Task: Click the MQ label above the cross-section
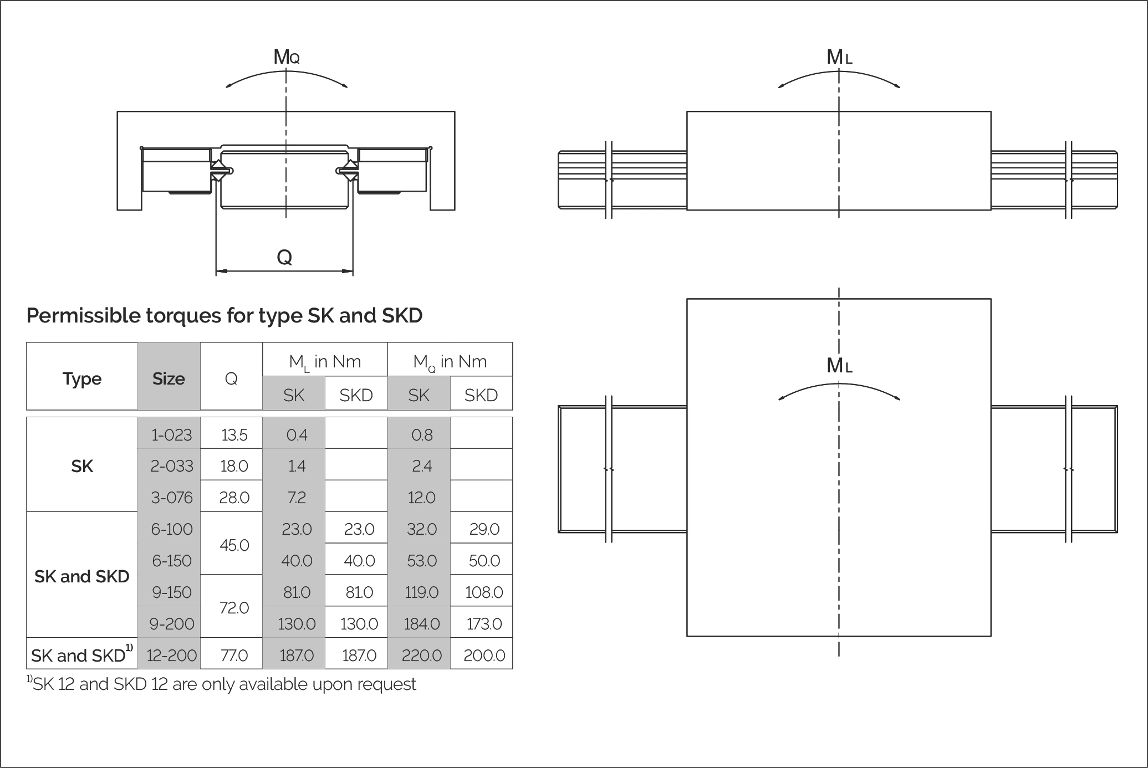tap(286, 57)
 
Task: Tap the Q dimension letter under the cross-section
tap(284, 258)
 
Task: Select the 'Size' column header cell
tap(169, 378)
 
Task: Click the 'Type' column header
tap(82, 378)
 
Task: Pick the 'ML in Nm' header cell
tap(325, 362)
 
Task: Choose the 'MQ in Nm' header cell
tap(450, 362)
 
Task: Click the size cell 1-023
tap(171, 435)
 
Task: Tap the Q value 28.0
tap(234, 498)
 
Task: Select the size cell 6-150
tap(171, 561)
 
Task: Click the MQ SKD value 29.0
tap(484, 529)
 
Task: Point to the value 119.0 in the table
tap(421, 592)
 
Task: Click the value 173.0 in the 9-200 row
tap(484, 624)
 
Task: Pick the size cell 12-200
tap(171, 656)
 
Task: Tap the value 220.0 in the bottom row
tap(421, 656)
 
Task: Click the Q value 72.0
tap(234, 608)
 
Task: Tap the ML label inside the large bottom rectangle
tap(839, 366)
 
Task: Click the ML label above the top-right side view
tap(839, 57)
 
